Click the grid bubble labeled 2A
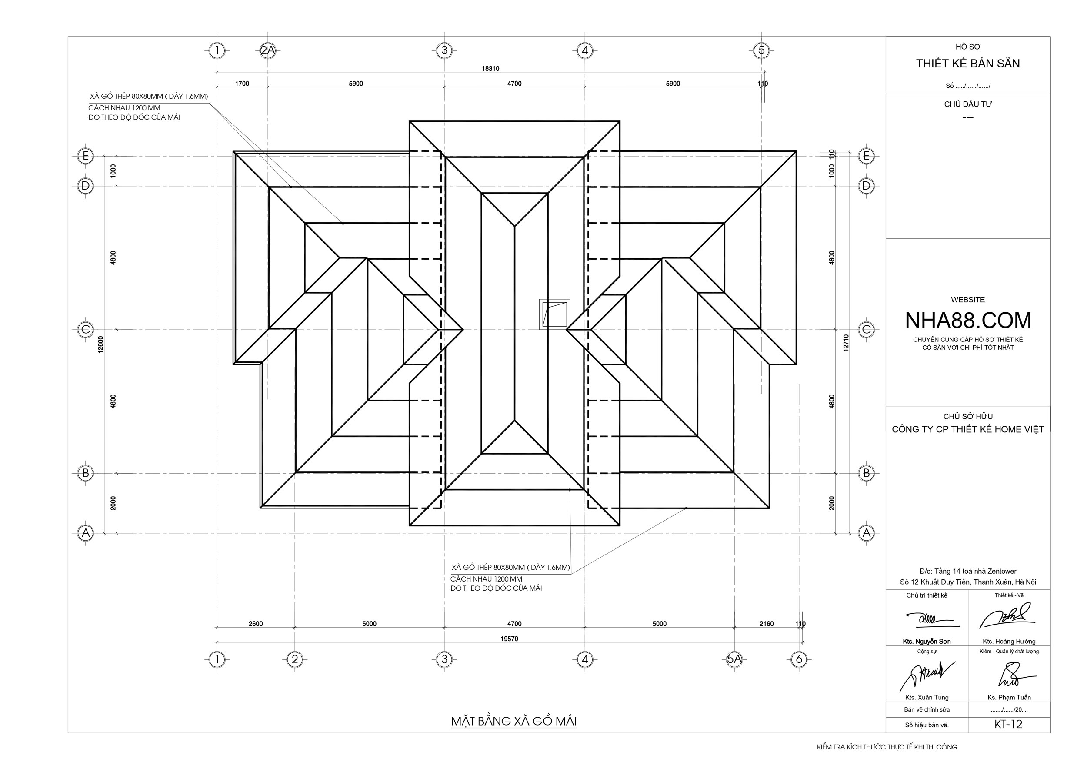click(x=267, y=50)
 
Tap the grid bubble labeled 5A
click(x=734, y=659)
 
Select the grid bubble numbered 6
click(x=800, y=659)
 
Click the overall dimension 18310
click(x=490, y=69)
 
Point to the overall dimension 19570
click(x=510, y=639)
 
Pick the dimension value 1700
click(x=242, y=84)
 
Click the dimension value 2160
click(x=767, y=624)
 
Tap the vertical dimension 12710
click(x=846, y=343)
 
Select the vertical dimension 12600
click(x=100, y=344)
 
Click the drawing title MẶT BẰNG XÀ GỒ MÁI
click(x=513, y=721)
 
